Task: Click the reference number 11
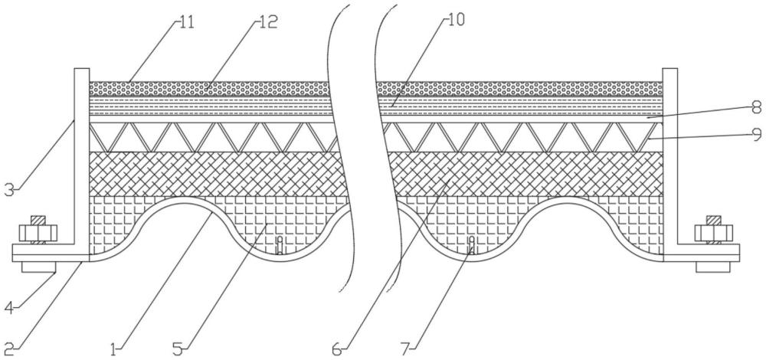pos(186,21)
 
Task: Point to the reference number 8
pos(755,106)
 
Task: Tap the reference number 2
pos(9,350)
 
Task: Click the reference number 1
pos(114,350)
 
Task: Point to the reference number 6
pos(336,350)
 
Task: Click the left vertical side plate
pos(81,153)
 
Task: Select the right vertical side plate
pos(670,153)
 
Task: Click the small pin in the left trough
pos(280,245)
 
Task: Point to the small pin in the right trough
pos(472,245)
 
